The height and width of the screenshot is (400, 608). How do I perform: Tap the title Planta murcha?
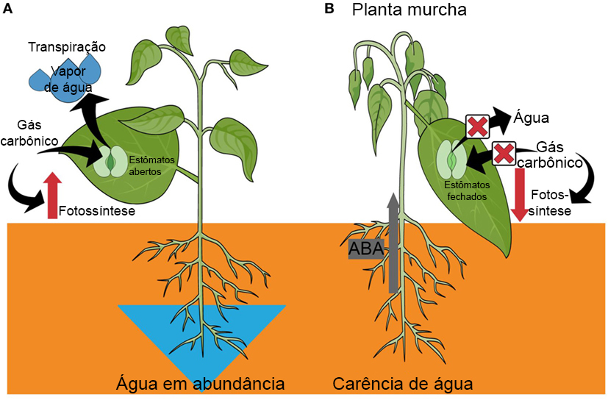(409, 10)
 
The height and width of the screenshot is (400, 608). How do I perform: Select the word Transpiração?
(67, 47)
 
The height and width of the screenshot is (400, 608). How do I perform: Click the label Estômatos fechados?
(467, 191)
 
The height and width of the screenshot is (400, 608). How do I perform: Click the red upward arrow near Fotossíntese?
(51, 195)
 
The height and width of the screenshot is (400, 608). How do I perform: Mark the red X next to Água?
(477, 126)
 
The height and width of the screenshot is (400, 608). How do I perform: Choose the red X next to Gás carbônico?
(503, 154)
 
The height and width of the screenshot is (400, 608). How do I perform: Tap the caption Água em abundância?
(200, 384)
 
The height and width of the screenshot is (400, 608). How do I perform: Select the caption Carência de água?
(402, 384)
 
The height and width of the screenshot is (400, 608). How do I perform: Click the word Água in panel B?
(533, 118)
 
